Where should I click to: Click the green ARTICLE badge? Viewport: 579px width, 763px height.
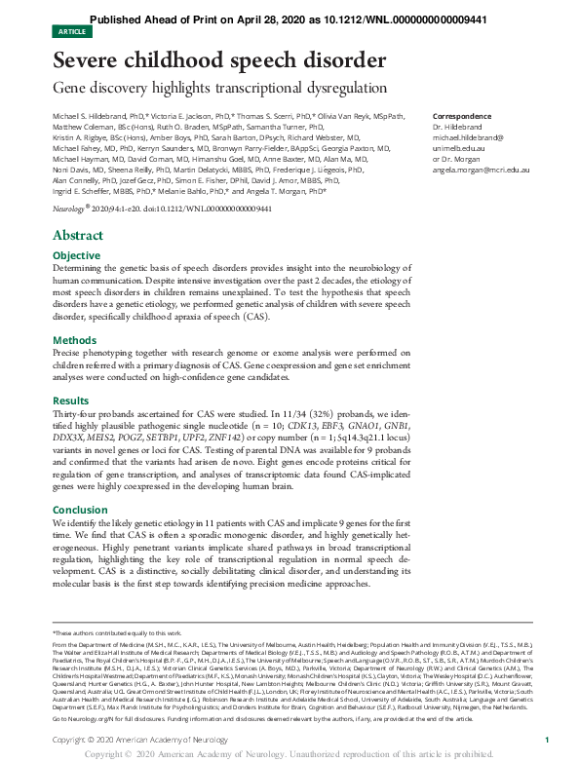click(73, 31)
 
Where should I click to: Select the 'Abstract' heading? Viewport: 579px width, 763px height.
click(77, 236)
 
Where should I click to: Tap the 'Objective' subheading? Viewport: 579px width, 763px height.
click(76, 255)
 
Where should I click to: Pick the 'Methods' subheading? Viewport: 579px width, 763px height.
click(74, 340)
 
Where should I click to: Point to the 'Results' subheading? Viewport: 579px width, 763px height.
click(70, 401)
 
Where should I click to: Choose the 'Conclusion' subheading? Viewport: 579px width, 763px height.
click(80, 509)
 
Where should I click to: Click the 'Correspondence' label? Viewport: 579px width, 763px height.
click(460, 115)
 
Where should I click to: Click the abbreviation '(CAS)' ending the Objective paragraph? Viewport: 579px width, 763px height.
click(255, 318)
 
